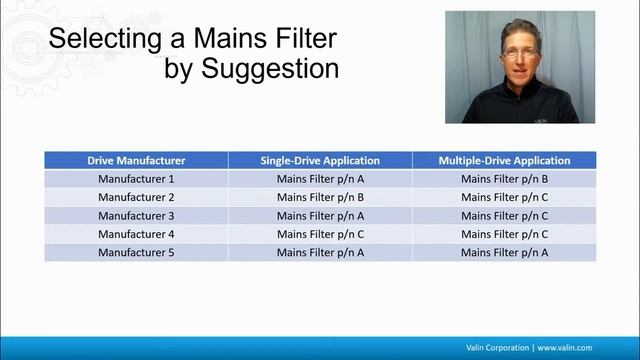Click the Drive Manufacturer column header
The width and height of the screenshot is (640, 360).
point(136,160)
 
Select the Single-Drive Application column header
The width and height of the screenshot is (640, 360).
point(320,160)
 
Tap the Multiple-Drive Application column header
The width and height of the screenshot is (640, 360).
point(504,160)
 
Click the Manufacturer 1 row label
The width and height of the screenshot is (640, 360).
point(136,179)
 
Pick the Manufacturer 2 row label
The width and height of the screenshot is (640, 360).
point(136,197)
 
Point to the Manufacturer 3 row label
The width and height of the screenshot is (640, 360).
point(136,215)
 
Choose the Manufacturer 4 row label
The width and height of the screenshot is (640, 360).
point(136,234)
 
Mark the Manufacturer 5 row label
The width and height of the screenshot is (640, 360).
point(136,252)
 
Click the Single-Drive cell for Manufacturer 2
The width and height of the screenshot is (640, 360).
point(320,197)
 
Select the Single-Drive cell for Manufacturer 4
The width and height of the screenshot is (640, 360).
point(320,234)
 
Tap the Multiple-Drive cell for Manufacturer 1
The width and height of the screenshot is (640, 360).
point(504,179)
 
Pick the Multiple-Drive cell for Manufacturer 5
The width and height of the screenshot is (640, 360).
point(504,252)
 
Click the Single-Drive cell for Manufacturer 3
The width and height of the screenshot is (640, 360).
point(320,215)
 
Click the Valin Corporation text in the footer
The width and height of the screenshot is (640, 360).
point(498,347)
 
